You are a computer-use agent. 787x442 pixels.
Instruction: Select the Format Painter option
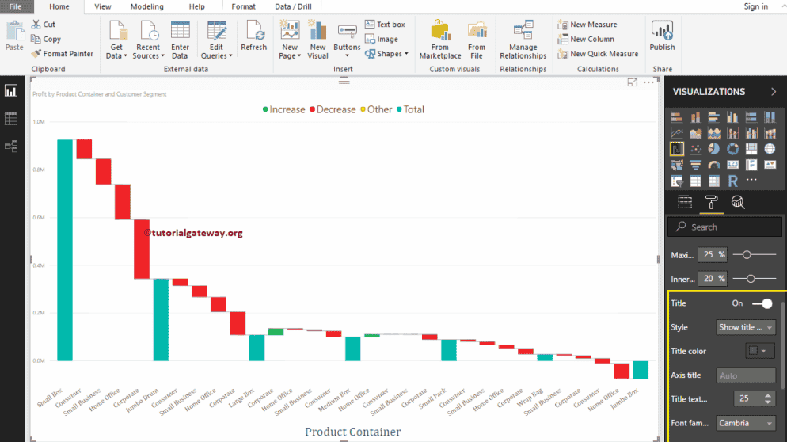click(63, 54)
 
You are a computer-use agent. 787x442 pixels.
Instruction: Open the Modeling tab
click(146, 6)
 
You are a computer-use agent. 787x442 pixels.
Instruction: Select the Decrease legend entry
click(333, 109)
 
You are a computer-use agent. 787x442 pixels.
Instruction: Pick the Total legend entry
click(410, 109)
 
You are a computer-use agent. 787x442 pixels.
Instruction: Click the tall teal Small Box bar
click(65, 250)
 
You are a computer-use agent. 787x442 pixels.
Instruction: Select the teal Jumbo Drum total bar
click(161, 319)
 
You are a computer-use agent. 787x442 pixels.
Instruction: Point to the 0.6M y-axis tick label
click(39, 218)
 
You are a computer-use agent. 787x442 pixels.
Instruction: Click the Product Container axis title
click(352, 432)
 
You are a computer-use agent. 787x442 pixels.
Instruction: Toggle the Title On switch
click(762, 303)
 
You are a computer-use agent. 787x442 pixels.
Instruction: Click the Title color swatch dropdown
click(759, 351)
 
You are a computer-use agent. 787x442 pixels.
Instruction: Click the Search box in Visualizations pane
click(724, 227)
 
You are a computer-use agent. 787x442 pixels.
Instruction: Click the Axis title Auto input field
click(746, 375)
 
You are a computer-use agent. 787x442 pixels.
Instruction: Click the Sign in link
click(755, 6)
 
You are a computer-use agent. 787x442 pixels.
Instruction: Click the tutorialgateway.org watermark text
click(193, 233)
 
